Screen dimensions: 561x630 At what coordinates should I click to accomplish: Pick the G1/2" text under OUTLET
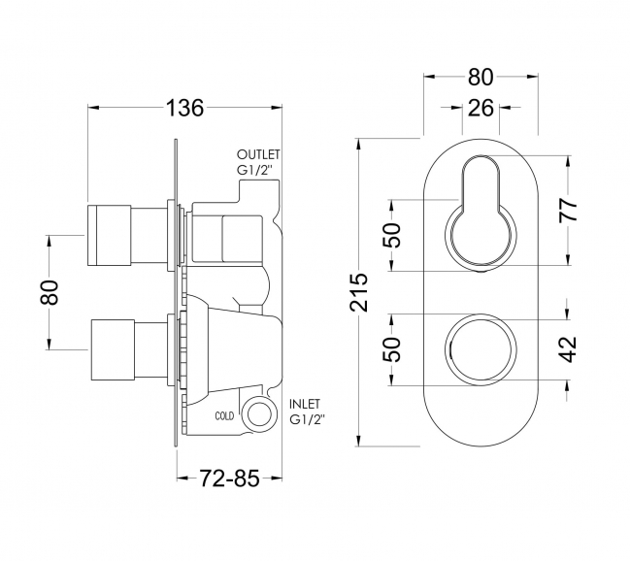tap(255, 171)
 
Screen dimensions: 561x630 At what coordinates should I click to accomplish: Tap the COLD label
tap(224, 415)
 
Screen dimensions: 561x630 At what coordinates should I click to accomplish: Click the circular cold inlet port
tap(259, 414)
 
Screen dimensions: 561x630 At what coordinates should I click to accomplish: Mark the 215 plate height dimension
tap(361, 291)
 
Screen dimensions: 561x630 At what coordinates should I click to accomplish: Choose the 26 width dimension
tap(480, 108)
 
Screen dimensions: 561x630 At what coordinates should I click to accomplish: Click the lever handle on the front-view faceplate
tap(480, 209)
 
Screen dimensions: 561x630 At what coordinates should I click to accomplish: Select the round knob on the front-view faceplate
tap(480, 348)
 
